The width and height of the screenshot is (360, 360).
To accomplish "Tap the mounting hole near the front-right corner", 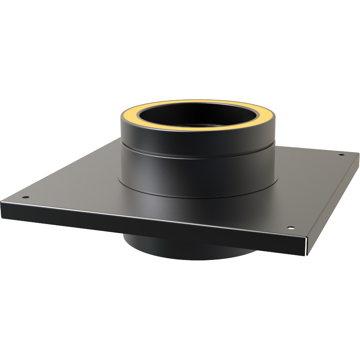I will click(x=290, y=227).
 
